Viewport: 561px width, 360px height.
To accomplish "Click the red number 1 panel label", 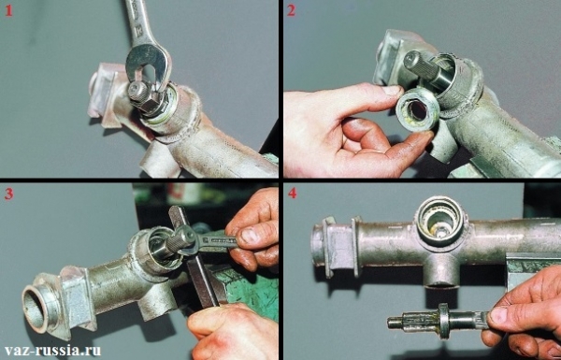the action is tap(8, 10).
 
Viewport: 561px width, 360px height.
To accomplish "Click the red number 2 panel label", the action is tap(292, 10).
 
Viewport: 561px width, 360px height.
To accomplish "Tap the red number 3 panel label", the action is tap(8, 194).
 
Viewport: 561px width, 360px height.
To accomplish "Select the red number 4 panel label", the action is tap(292, 194).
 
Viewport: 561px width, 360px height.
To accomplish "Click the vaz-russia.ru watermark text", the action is tap(53, 350).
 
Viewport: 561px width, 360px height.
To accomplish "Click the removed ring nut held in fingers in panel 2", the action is tap(418, 111).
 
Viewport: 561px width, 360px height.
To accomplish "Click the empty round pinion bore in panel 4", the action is tap(439, 222).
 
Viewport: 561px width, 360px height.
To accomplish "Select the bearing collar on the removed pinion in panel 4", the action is tap(443, 321).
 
